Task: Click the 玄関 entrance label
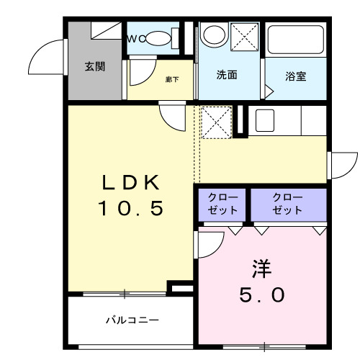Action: (x=94, y=67)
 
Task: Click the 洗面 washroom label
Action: (x=228, y=75)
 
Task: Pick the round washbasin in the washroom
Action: (x=214, y=34)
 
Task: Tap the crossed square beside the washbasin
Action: (x=246, y=36)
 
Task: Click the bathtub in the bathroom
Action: (x=294, y=42)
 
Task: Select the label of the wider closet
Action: (x=287, y=203)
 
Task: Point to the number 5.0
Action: (x=262, y=295)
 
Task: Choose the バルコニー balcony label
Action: (x=131, y=319)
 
